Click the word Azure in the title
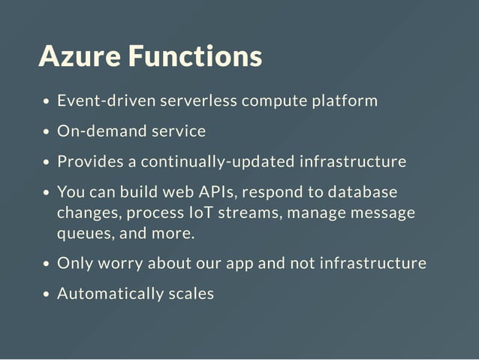(79, 56)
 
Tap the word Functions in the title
(194, 56)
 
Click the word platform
(345, 101)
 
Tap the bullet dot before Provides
(47, 163)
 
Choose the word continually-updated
(217, 162)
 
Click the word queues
(84, 234)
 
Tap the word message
(381, 213)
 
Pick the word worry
(119, 264)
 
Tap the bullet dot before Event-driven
(47, 102)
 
